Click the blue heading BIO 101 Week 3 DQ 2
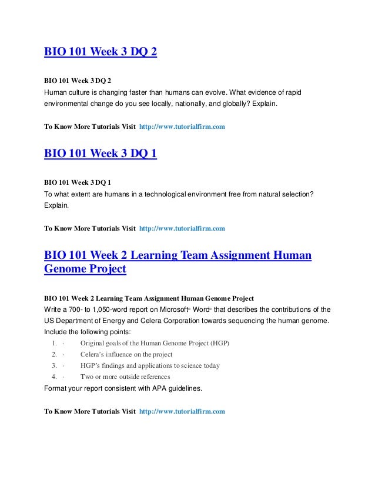coord(101,52)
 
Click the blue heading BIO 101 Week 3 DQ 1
coord(101,154)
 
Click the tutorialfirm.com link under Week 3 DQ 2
coord(182,127)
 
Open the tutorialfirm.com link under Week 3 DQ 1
coord(182,228)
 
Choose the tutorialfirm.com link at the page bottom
coord(182,411)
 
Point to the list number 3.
coord(53,365)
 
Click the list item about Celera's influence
coord(126,354)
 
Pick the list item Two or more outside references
coord(125,377)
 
